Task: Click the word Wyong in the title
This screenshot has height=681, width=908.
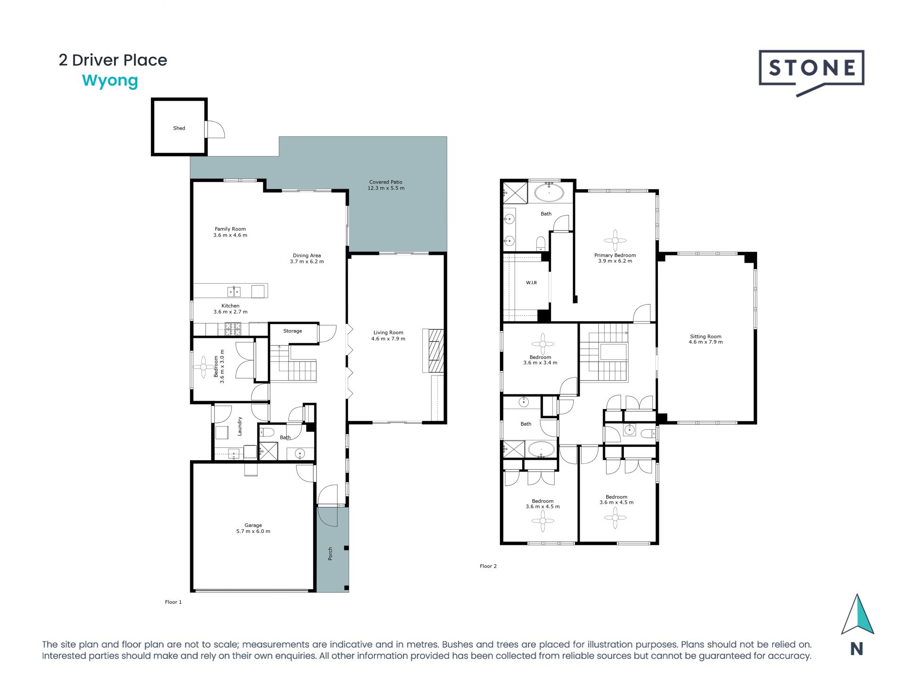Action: [110, 81]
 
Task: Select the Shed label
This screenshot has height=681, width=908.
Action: [179, 128]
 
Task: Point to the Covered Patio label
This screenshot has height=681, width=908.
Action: [386, 182]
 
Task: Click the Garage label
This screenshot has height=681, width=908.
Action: [253, 525]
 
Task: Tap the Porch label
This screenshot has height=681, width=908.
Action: [330, 554]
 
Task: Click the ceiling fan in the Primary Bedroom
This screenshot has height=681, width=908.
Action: [615, 240]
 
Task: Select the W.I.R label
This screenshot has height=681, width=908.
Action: [531, 283]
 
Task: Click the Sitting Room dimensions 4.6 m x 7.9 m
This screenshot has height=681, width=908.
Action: [706, 342]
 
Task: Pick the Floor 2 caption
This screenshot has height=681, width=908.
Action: [488, 566]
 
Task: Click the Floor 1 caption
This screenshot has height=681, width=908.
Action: [173, 602]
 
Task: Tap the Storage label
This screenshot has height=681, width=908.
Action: [292, 331]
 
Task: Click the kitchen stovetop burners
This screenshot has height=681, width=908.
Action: [233, 329]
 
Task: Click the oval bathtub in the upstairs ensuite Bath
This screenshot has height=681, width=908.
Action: [549, 193]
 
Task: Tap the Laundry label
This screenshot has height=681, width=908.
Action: [240, 426]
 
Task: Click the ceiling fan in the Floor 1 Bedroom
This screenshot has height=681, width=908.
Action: [203, 367]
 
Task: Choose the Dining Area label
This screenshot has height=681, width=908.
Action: [306, 255]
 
